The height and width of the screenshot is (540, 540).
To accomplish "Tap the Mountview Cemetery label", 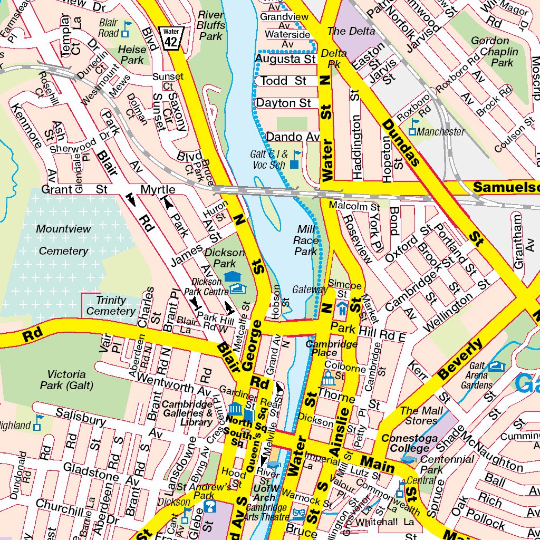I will point(64,240).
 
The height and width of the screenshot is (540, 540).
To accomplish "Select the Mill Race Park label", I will point(306,240).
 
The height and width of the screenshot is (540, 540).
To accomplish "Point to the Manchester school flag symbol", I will point(414,127).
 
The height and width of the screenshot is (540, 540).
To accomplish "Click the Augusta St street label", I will point(285,59).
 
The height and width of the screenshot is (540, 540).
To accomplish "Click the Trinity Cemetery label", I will point(111,305).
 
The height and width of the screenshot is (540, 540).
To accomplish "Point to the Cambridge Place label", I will point(331,349).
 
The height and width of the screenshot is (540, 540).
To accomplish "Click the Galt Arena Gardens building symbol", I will point(496,366).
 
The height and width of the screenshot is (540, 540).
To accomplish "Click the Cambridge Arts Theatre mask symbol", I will point(299,514).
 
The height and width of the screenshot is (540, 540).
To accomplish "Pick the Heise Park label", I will point(132,55).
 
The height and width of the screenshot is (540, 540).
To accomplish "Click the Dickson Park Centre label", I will point(206,286).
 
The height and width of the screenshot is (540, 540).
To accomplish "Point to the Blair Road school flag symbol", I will point(126,29).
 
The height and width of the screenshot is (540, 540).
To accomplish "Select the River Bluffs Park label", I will point(211,25).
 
